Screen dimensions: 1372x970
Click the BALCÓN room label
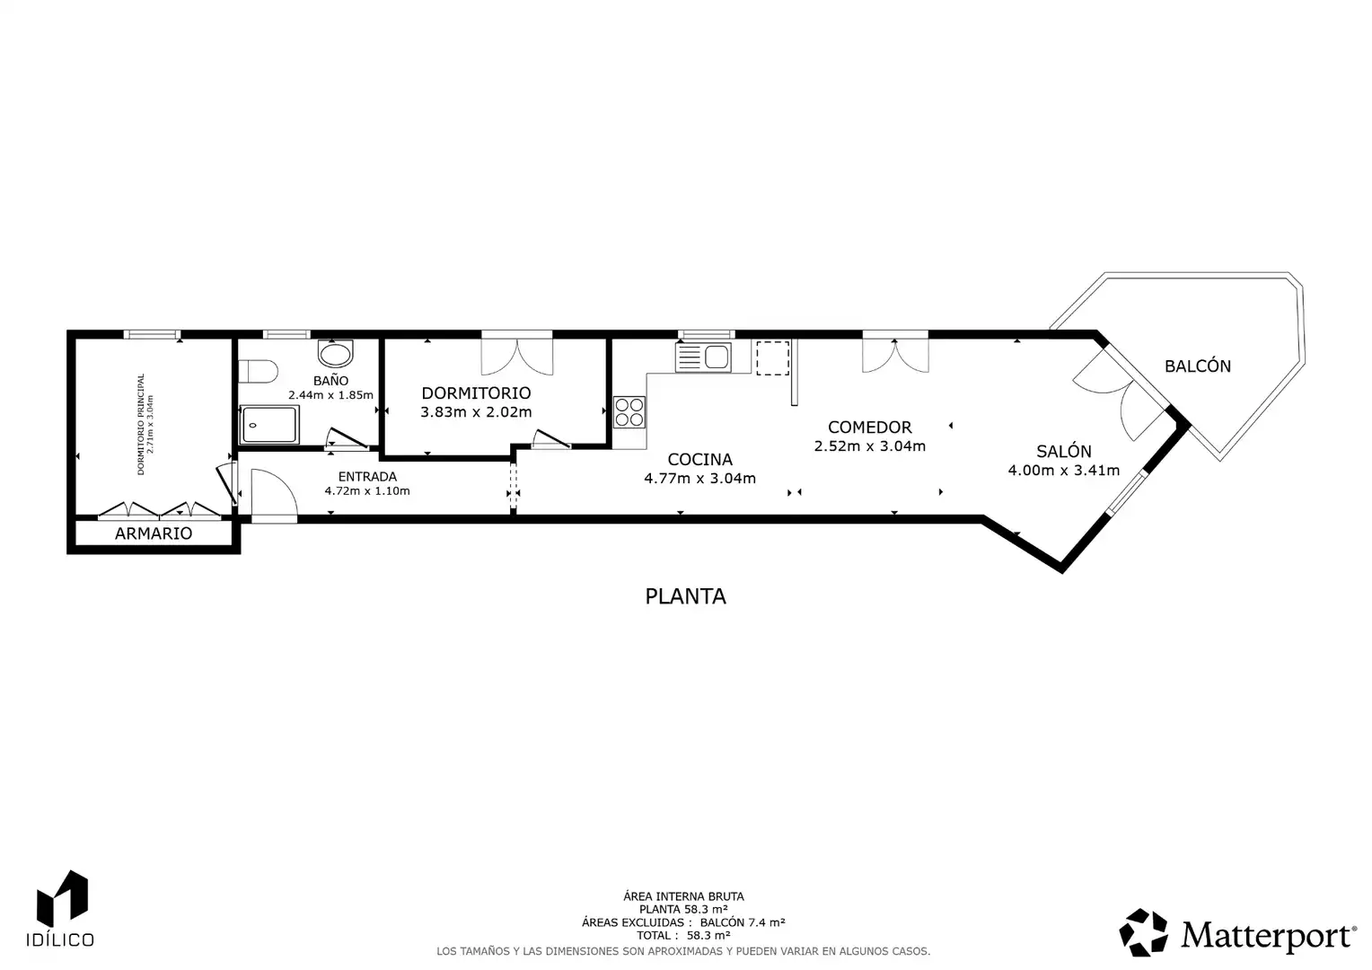(1198, 366)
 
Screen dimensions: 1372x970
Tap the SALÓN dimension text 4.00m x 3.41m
(1064, 470)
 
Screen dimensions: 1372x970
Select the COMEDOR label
(870, 428)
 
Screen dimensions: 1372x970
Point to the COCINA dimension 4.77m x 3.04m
(699, 478)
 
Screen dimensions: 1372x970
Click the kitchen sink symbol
(703, 357)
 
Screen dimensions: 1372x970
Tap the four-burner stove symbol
(629, 412)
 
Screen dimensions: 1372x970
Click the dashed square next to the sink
(772, 357)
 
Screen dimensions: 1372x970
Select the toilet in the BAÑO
(258, 371)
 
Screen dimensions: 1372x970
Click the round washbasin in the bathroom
(336, 353)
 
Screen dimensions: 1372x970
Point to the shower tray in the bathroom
(269, 424)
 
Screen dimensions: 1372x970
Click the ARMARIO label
(154, 533)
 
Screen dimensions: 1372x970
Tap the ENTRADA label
(367, 476)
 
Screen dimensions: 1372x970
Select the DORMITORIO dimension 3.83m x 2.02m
(476, 411)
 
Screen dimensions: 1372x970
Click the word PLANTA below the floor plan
(685, 596)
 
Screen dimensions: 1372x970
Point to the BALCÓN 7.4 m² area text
(743, 922)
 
